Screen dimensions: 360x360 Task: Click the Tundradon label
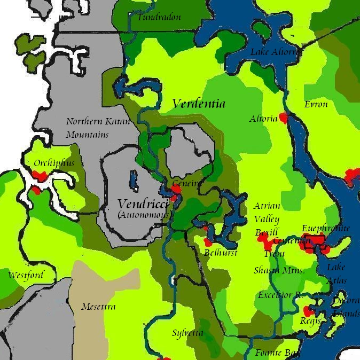tap(159, 17)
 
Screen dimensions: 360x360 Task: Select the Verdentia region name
tap(198, 104)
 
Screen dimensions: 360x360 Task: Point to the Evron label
tap(316, 104)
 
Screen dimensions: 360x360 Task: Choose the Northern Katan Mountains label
tap(98, 128)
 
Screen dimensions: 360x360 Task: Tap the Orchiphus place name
tap(54, 163)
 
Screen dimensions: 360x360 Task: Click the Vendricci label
tap(143, 204)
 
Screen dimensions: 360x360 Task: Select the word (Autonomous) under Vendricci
tap(144, 214)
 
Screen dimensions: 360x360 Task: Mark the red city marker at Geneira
tap(177, 188)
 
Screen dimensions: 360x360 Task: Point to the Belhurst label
tap(221, 253)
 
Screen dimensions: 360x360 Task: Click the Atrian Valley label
tap(267, 212)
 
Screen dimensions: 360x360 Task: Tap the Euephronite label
tap(326, 228)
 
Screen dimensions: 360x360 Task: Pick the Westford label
tap(25, 275)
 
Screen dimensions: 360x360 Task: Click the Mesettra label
tap(98, 307)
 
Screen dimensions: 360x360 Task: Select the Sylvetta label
tap(187, 333)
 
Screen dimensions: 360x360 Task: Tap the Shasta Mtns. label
tap(279, 270)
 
